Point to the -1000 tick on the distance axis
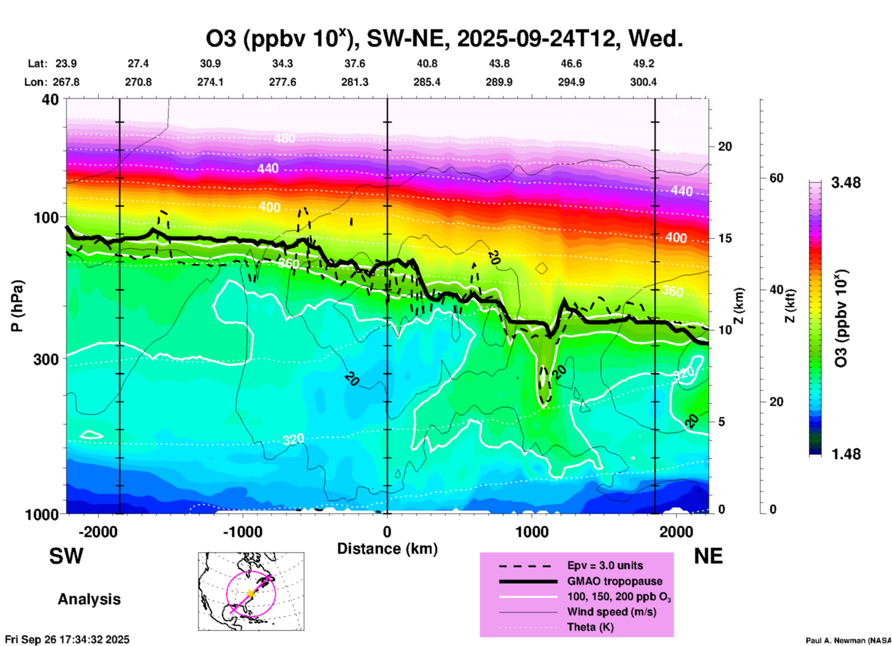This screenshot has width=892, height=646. pos(243,532)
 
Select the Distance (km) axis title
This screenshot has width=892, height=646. pos(387,549)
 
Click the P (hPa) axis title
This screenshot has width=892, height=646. pos(17,306)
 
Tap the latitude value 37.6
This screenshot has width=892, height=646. pos(354,64)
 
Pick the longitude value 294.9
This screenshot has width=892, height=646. pos(571,82)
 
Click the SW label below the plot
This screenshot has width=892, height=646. pos(66,556)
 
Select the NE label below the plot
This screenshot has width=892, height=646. pos(708,556)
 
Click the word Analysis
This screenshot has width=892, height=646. pos(89,599)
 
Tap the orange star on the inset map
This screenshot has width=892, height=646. pos(251,593)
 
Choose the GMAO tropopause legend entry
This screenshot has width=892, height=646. pos(615,581)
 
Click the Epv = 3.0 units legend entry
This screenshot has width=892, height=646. pos(605,566)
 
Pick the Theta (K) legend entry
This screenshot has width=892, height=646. pos(590,627)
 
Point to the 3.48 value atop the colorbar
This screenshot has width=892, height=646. pos(846,183)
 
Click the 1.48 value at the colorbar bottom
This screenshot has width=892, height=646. pos(846,454)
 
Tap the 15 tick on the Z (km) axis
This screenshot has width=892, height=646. pos(725,238)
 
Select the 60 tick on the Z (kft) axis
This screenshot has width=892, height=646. pos(776,178)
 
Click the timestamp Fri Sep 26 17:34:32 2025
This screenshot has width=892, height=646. pos(68,640)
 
